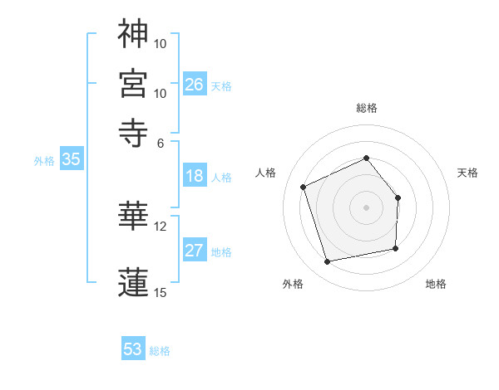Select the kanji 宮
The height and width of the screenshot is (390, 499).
click(x=133, y=83)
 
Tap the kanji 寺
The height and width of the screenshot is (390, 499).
click(x=133, y=133)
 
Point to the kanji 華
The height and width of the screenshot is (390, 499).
click(x=133, y=216)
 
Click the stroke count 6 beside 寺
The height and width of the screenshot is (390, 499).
click(x=161, y=143)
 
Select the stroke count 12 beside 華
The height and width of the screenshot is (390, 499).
click(x=161, y=226)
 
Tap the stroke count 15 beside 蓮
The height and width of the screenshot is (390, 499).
click(x=161, y=292)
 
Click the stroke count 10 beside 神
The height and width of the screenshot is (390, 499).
click(x=161, y=43)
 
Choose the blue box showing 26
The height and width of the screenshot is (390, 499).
click(x=195, y=84)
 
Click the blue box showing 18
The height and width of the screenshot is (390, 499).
click(x=195, y=176)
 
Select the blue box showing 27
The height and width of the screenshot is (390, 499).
click(x=195, y=251)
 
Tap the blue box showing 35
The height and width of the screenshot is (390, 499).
click(x=71, y=159)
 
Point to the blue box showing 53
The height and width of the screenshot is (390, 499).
click(x=133, y=349)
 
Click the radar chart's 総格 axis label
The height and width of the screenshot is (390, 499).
click(x=366, y=108)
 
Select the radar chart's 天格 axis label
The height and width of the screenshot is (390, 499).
click(x=468, y=173)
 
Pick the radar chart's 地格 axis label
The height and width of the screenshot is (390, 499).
click(x=436, y=285)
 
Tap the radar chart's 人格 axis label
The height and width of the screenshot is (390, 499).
click(x=266, y=173)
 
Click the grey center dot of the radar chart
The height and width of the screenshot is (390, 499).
click(x=366, y=207)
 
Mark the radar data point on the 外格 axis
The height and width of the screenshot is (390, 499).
click(x=328, y=262)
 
